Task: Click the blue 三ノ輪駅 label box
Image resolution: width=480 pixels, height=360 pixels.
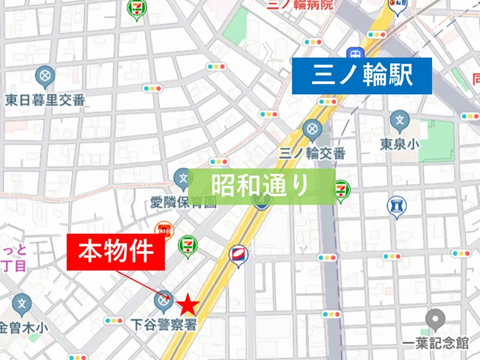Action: pos(362,76)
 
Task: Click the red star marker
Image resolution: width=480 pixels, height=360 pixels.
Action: pos(189,304)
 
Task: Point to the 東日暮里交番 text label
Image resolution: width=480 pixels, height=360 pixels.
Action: pos(45,100)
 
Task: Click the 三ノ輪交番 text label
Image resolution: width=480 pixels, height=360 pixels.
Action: pos(313,153)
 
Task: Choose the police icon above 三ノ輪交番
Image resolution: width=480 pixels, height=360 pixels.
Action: pos(311,128)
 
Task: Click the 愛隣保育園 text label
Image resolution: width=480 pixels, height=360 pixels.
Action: pos(183,202)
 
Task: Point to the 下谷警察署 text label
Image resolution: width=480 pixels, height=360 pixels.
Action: pos(163,325)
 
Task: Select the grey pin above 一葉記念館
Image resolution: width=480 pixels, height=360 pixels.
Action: pos(435,319)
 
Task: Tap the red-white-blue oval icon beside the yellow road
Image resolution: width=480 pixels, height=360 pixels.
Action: pos(238,254)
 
